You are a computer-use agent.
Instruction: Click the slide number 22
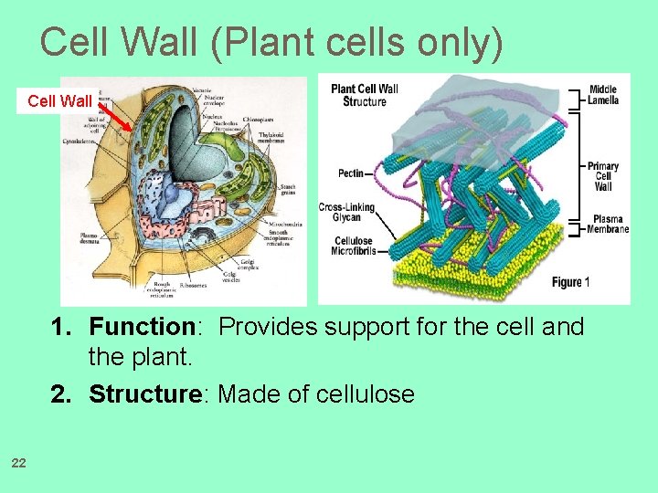coord(18,465)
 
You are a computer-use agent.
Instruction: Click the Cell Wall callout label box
coord(59,100)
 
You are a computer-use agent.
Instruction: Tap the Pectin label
coord(350,173)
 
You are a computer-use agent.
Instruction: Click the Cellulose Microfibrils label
coord(355,246)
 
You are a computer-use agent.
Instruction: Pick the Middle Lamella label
coord(603,94)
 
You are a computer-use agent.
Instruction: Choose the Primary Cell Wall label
coord(603,176)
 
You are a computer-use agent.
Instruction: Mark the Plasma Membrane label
coord(609,225)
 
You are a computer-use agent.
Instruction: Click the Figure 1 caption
coord(571,282)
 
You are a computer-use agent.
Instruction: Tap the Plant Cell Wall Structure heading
coord(365,95)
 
